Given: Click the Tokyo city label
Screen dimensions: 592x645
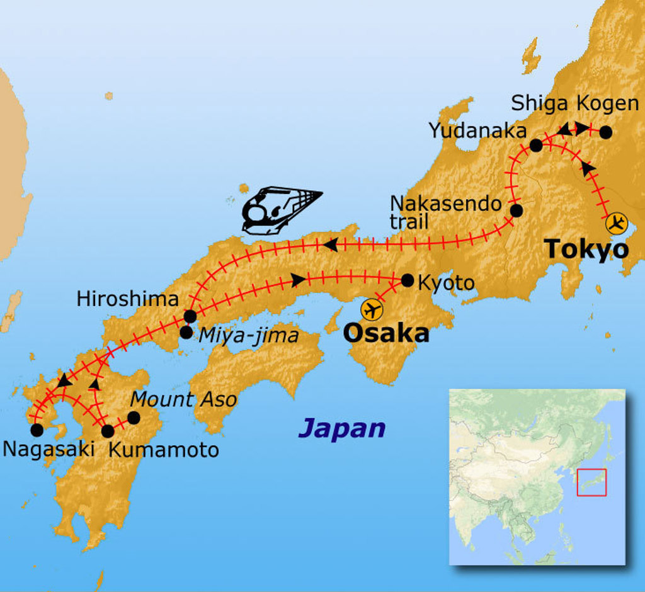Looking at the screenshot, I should click(x=586, y=249).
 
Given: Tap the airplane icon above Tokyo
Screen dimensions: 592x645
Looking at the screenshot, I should click(x=617, y=222).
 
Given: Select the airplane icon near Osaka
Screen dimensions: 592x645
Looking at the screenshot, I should click(x=372, y=309).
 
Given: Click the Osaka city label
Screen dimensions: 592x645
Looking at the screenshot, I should click(x=385, y=333).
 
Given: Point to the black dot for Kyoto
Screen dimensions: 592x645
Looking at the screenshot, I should click(x=408, y=280).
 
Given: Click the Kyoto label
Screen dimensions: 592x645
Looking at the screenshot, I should click(x=446, y=283).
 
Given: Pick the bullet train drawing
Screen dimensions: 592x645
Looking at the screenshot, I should click(x=280, y=210).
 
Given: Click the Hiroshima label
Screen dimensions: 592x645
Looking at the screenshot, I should click(x=128, y=299).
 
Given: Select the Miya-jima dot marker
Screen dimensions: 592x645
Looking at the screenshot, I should click(x=186, y=332).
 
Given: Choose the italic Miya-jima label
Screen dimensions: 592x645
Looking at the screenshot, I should click(x=248, y=336).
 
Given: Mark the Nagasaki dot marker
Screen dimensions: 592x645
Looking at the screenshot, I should click(x=37, y=430).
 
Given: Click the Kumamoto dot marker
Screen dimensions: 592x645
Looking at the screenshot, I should click(x=108, y=431).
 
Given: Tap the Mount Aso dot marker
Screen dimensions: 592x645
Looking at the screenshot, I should click(x=134, y=418).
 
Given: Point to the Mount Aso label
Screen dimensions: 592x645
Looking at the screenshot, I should click(x=184, y=399).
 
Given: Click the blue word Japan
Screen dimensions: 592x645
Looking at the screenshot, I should click(x=341, y=428).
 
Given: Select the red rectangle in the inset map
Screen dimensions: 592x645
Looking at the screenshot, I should click(x=591, y=482).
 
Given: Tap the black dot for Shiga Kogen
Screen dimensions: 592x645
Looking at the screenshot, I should click(x=605, y=132).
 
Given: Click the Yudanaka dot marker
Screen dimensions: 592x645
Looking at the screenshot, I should click(x=536, y=145).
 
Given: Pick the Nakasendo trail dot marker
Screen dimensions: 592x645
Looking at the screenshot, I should click(x=516, y=210).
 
